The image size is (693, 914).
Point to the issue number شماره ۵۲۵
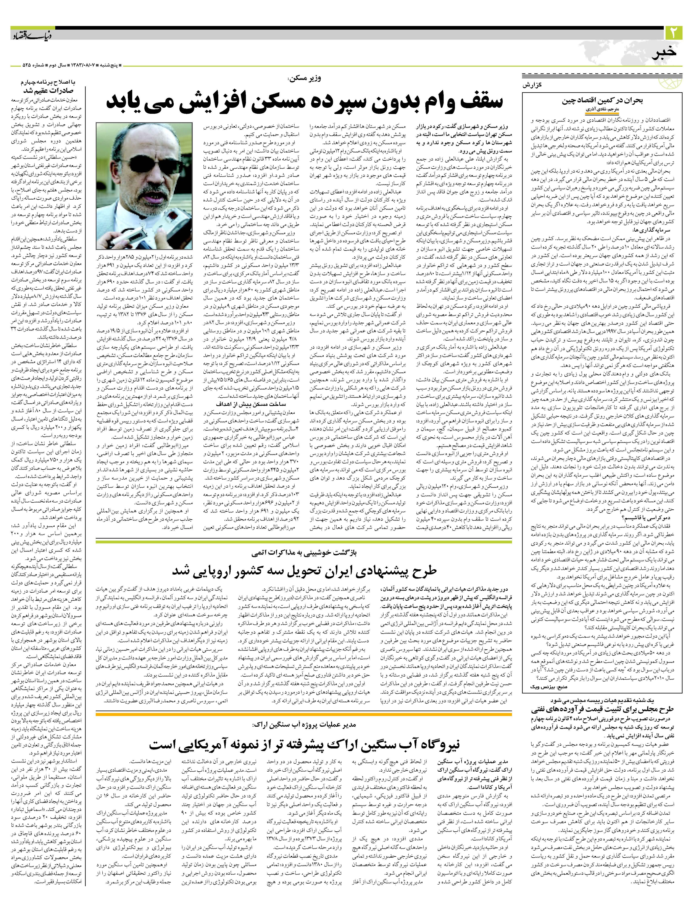[x=22, y=66]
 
